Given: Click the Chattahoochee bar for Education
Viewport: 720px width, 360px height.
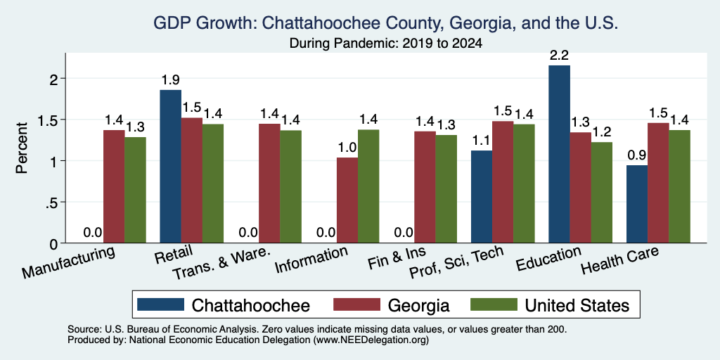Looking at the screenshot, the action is pyautogui.click(x=559, y=154).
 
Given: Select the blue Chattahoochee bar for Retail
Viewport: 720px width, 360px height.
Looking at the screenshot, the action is pyautogui.click(x=170, y=166).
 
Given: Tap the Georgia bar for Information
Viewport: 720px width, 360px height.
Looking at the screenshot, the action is pyautogui.click(x=347, y=200).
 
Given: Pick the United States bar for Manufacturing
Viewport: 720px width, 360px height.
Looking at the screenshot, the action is pyautogui.click(x=135, y=190).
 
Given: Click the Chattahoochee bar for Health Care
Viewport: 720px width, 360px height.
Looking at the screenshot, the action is pyautogui.click(x=637, y=204).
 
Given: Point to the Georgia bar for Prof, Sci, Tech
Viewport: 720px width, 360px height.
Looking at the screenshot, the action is pyautogui.click(x=503, y=182).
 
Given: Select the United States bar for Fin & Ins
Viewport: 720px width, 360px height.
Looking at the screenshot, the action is pyautogui.click(x=446, y=188).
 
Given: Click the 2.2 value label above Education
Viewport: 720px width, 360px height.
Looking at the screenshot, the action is pyautogui.click(x=559, y=56).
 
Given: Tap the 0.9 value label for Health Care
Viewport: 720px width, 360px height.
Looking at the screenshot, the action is pyautogui.click(x=637, y=155).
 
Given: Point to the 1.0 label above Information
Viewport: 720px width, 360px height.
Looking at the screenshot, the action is pyautogui.click(x=347, y=148).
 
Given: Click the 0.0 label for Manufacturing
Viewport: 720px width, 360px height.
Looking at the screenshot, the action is pyautogui.click(x=92, y=233).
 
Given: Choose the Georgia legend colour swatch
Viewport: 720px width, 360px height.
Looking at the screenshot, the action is pyautogui.click(x=356, y=304).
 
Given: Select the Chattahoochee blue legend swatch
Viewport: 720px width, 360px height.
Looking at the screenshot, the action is pyautogui.click(x=160, y=304).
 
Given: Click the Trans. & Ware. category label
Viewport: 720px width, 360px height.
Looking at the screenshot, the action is pyautogui.click(x=219, y=264).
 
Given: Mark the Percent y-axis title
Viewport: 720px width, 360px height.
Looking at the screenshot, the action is pyautogui.click(x=22, y=148).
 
